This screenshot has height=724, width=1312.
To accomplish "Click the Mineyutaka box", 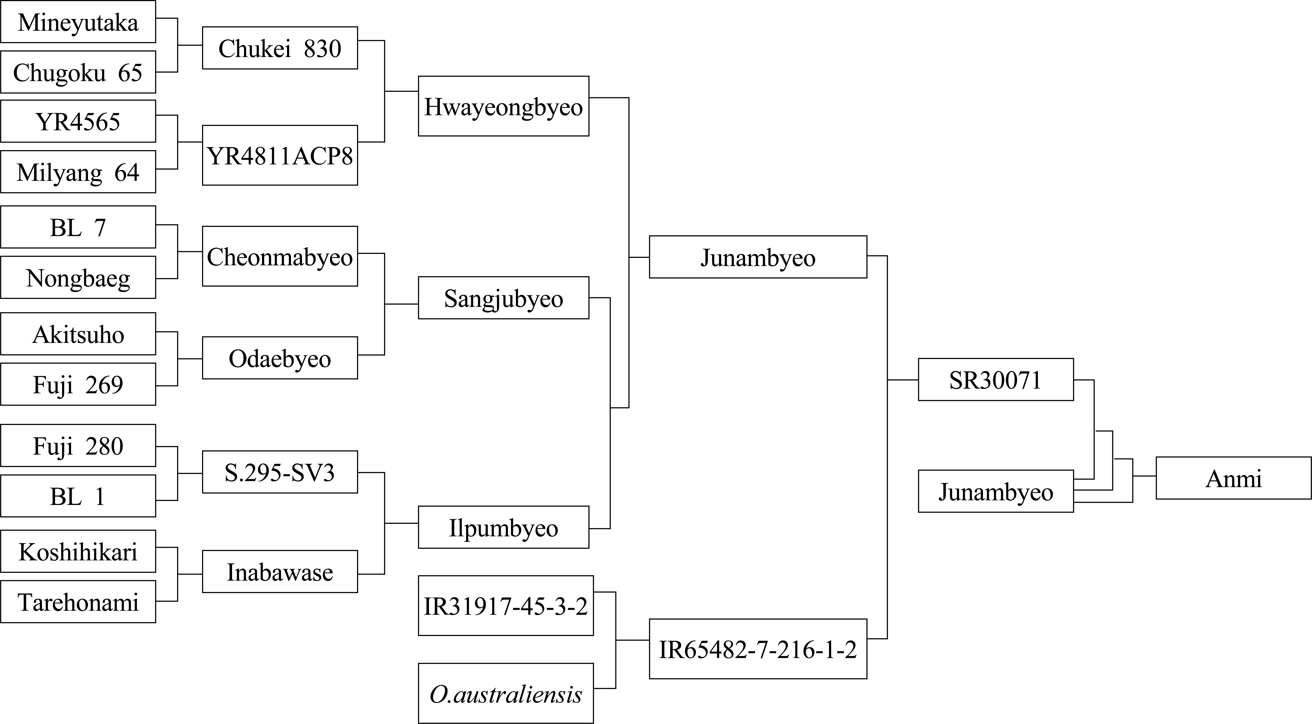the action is coord(78,22).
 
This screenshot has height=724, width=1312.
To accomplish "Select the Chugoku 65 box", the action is coord(78,72).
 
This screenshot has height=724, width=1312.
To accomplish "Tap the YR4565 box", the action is coord(78,121).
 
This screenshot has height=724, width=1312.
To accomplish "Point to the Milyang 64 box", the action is coord(78,172).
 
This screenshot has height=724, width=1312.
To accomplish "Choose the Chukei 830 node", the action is coord(280,48).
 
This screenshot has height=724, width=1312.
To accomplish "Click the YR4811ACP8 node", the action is coord(280,155).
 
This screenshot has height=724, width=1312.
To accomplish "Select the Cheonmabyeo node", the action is coord(280,256).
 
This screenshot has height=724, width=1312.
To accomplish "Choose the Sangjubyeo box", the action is coord(503,298).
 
